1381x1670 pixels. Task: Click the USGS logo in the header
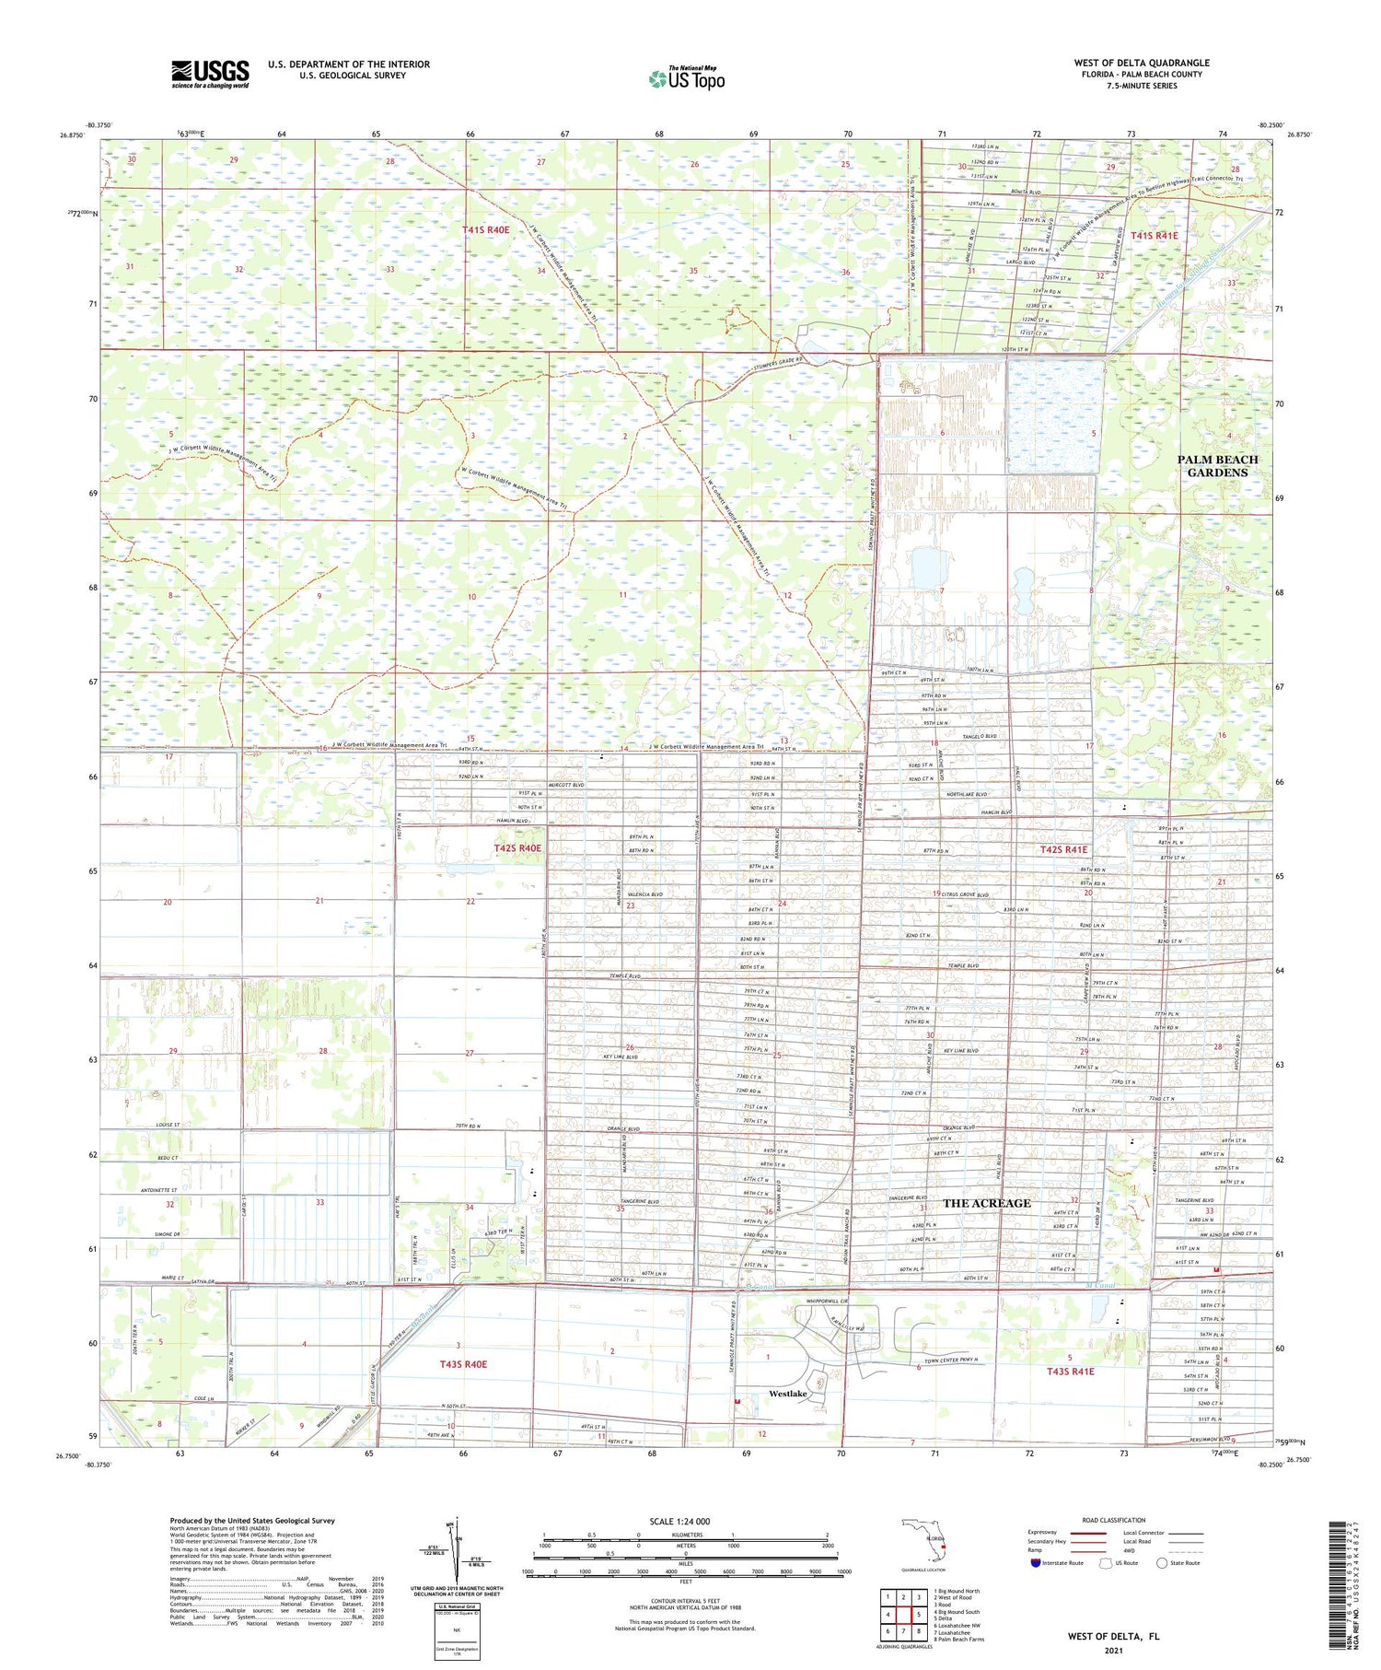(210, 74)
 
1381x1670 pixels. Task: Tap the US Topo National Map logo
(687, 78)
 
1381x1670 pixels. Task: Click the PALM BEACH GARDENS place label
(1217, 466)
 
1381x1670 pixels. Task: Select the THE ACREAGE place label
(987, 1203)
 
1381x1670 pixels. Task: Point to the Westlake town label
(788, 1394)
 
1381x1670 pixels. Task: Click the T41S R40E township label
(485, 229)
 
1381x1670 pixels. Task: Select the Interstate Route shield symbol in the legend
(1037, 1563)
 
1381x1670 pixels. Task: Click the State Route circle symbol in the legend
(1162, 1563)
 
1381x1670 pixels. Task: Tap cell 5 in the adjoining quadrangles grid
(918, 1615)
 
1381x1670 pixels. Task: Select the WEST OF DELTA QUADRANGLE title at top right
(1142, 63)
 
